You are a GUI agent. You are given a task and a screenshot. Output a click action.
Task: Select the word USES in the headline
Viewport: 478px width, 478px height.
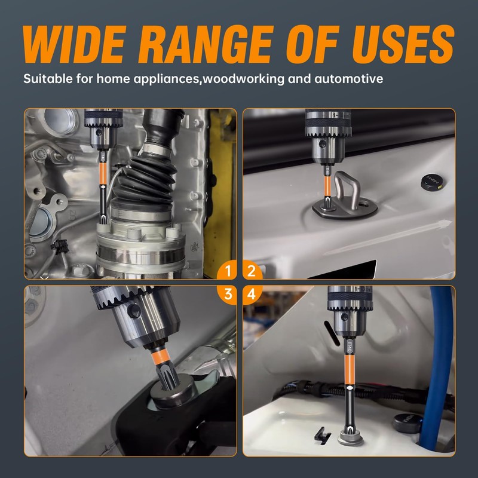(403, 44)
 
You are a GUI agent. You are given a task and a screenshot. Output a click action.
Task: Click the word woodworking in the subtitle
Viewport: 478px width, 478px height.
(244, 79)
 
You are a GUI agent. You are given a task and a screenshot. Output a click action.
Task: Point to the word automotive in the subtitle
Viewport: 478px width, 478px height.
(349, 79)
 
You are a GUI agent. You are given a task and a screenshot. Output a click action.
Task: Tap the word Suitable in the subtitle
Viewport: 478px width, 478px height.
(48, 79)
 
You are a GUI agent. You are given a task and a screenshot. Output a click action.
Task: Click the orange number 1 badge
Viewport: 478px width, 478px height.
(228, 271)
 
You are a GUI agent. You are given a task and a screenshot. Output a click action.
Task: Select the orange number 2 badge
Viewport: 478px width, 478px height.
(252, 271)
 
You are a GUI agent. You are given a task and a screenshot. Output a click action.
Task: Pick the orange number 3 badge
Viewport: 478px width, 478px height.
(228, 295)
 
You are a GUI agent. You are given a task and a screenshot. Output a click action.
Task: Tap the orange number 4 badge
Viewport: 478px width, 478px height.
(252, 295)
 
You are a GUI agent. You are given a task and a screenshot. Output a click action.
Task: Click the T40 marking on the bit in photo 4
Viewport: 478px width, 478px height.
(350, 346)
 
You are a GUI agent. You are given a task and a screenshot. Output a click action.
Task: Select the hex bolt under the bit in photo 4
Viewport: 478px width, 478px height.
(350, 437)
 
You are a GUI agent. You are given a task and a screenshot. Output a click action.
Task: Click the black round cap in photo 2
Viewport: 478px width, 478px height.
(432, 183)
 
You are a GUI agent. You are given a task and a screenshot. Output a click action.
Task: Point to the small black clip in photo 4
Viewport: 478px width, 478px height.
(323, 434)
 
